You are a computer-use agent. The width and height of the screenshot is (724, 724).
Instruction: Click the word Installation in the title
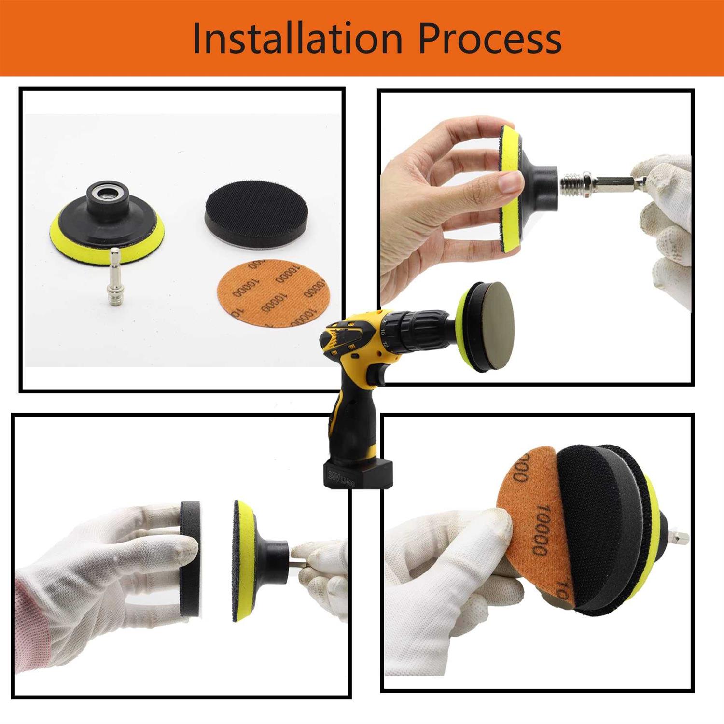pyautogui.click(x=297, y=38)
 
